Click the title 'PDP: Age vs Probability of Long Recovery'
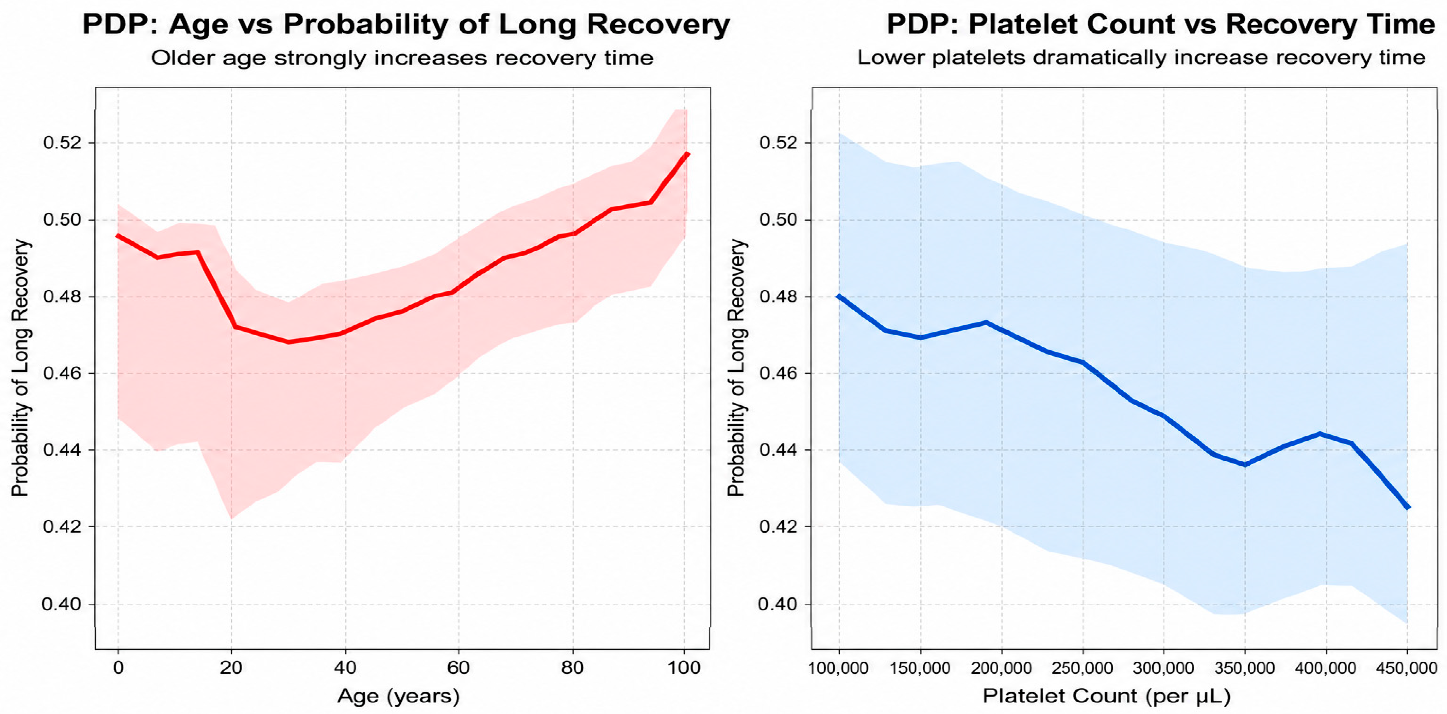coord(406,25)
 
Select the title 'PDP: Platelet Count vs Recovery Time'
coord(1160,25)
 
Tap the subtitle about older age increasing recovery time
coord(402,58)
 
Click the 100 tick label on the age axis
coord(684,668)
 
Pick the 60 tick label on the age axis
coord(458,668)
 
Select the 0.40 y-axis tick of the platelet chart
coord(778,604)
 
